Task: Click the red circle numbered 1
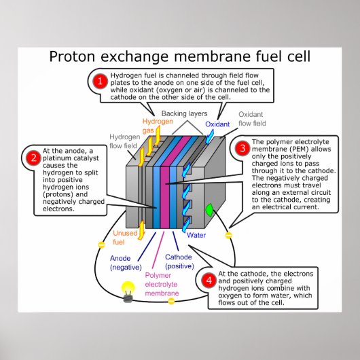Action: (100, 82)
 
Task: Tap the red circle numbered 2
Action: (32, 158)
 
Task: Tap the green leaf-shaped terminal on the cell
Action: (209, 211)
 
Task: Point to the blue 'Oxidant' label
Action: (217, 124)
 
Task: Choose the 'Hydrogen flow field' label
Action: (124, 140)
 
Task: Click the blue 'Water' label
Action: (196, 235)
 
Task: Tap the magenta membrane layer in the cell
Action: (166, 177)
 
